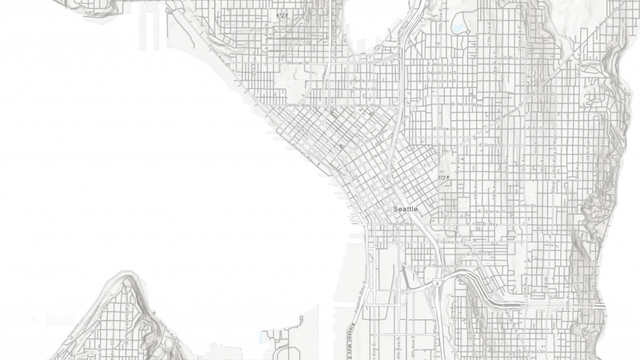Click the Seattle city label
tap(405, 208)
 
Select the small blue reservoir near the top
tap(458, 26)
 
